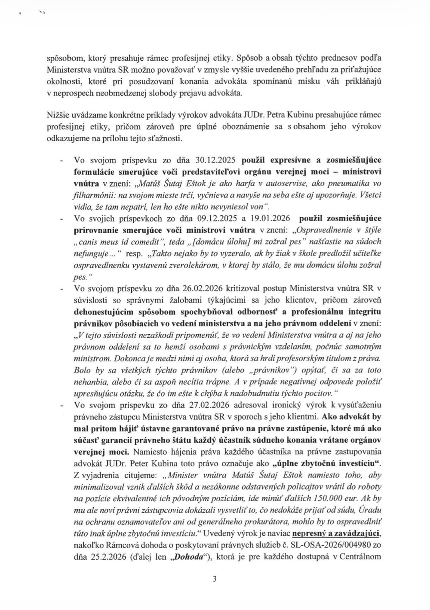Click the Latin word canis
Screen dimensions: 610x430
pos(92,242)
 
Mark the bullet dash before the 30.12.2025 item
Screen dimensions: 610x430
pos(61,160)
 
